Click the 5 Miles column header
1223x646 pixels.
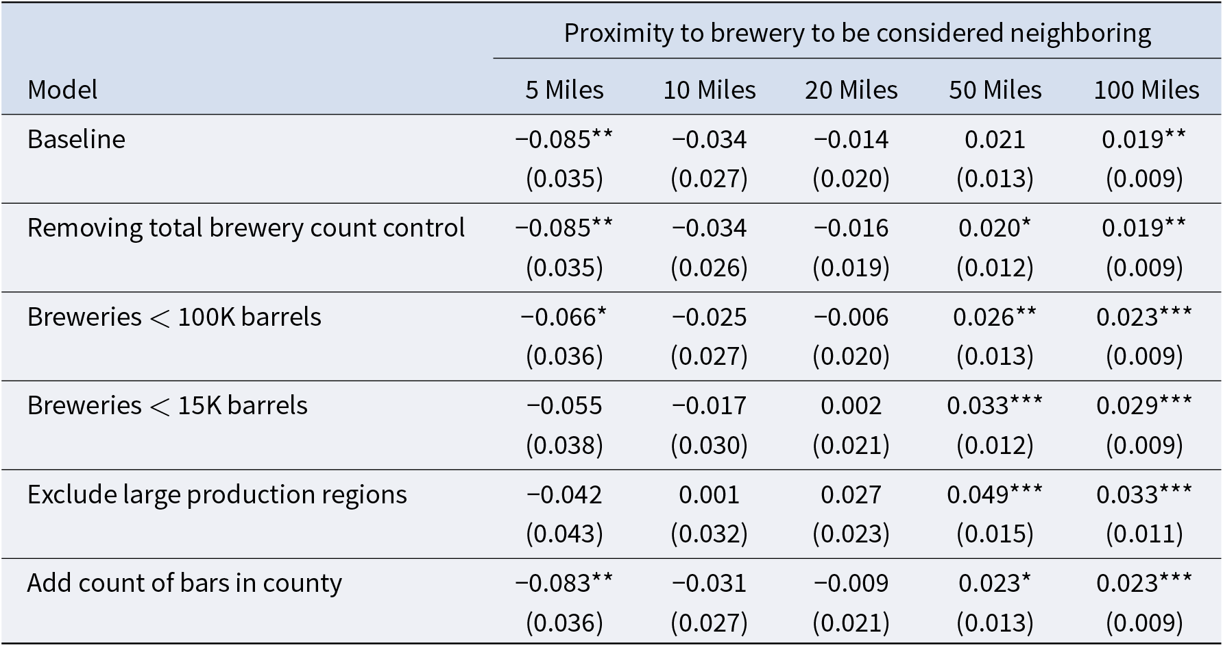pos(564,90)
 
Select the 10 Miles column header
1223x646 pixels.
pos(709,90)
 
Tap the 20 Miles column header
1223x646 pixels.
pos(851,90)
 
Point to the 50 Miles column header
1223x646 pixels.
pos(995,90)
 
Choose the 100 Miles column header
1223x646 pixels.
pos(1146,90)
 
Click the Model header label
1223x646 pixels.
pos(62,90)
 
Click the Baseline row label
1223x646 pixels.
pos(76,139)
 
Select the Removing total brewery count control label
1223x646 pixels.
pos(246,228)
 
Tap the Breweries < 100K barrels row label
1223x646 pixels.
pos(174,317)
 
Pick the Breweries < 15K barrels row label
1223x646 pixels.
pos(167,405)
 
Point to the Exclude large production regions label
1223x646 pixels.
pos(217,494)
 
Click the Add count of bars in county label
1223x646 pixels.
pos(184,583)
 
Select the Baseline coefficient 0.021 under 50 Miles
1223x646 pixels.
pos(995,140)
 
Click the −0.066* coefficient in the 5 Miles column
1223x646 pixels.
pos(564,317)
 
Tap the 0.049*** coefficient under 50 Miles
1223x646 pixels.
pos(995,494)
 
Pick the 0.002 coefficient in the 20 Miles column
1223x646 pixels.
pos(851,406)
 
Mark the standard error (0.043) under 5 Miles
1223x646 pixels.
pos(564,534)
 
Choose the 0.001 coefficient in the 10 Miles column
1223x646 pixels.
pos(709,494)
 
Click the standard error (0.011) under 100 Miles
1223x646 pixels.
pos(1144,534)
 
